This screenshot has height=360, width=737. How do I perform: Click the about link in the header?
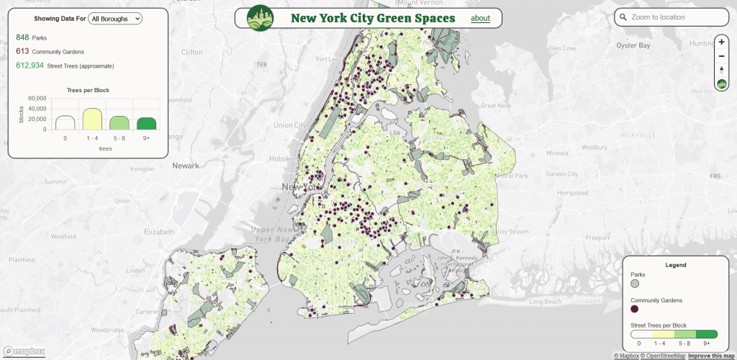480,18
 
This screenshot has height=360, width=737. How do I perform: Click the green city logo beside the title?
260,18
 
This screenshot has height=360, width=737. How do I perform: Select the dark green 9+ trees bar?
147,123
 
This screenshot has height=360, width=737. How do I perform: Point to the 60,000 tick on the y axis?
37,98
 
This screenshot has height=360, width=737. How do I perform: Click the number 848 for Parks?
22,37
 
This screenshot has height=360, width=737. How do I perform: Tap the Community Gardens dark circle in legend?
635,309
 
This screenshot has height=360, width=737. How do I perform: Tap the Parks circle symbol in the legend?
635,284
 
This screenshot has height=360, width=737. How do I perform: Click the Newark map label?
186,166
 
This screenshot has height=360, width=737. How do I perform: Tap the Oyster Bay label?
633,45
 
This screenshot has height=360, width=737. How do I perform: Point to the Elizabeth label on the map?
159,232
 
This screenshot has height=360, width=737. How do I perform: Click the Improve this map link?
711,356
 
